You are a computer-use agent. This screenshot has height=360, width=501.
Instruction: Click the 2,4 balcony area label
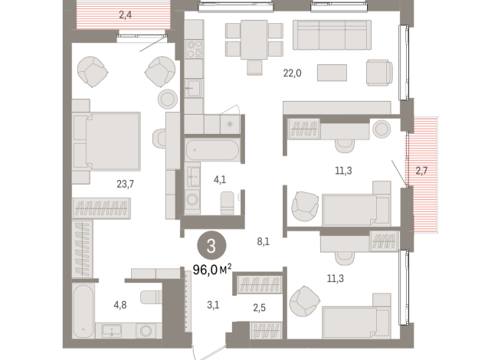(125, 13)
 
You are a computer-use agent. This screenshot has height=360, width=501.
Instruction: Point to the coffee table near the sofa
(332, 72)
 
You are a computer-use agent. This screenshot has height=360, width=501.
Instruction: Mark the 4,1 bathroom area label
(220, 179)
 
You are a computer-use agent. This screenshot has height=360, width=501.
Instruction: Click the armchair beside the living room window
(378, 72)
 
